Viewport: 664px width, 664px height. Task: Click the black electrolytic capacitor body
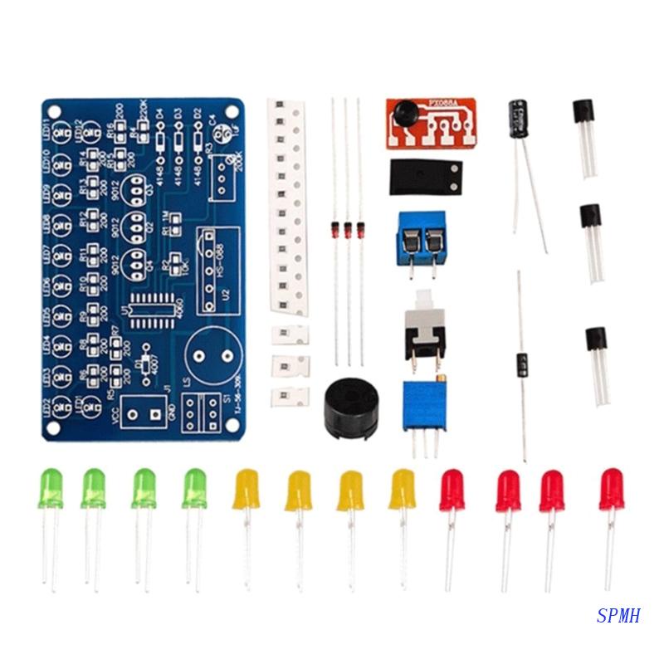click(519, 119)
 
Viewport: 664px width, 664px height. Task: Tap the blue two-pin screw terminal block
click(421, 237)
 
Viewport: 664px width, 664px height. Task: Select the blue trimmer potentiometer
click(424, 405)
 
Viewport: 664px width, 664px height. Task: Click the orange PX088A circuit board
click(431, 124)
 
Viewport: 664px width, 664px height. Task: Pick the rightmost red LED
click(612, 489)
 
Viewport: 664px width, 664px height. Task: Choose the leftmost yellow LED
click(247, 489)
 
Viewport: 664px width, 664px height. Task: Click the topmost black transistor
click(583, 113)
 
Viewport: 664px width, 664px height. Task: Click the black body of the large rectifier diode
click(522, 364)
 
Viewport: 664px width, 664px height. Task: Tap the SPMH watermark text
click(618, 616)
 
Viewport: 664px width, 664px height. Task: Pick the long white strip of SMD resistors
click(287, 207)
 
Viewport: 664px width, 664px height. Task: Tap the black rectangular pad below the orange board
click(424, 176)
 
